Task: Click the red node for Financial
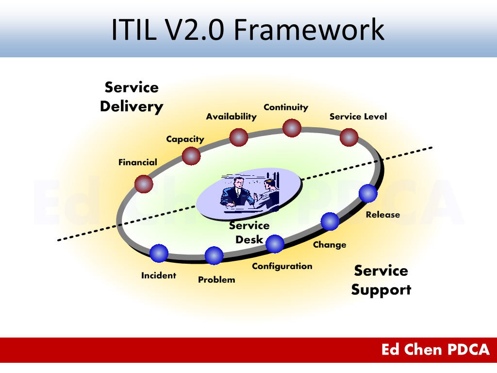[x=144, y=184]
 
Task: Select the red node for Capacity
[x=191, y=156]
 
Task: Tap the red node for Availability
[x=239, y=137]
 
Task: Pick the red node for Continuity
[x=292, y=128]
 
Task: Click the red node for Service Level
[x=349, y=137]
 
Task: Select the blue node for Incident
[x=159, y=253]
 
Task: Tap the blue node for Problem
[x=214, y=255]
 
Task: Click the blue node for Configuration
[x=275, y=244]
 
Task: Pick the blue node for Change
[x=330, y=221]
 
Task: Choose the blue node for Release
[x=368, y=194]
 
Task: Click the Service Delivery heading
[x=132, y=97]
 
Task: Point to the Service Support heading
[x=381, y=280]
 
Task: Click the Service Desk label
[x=249, y=232]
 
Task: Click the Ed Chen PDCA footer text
[x=435, y=350]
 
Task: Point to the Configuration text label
[x=282, y=266]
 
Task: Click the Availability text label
[x=231, y=117]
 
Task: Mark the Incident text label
[x=159, y=275]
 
